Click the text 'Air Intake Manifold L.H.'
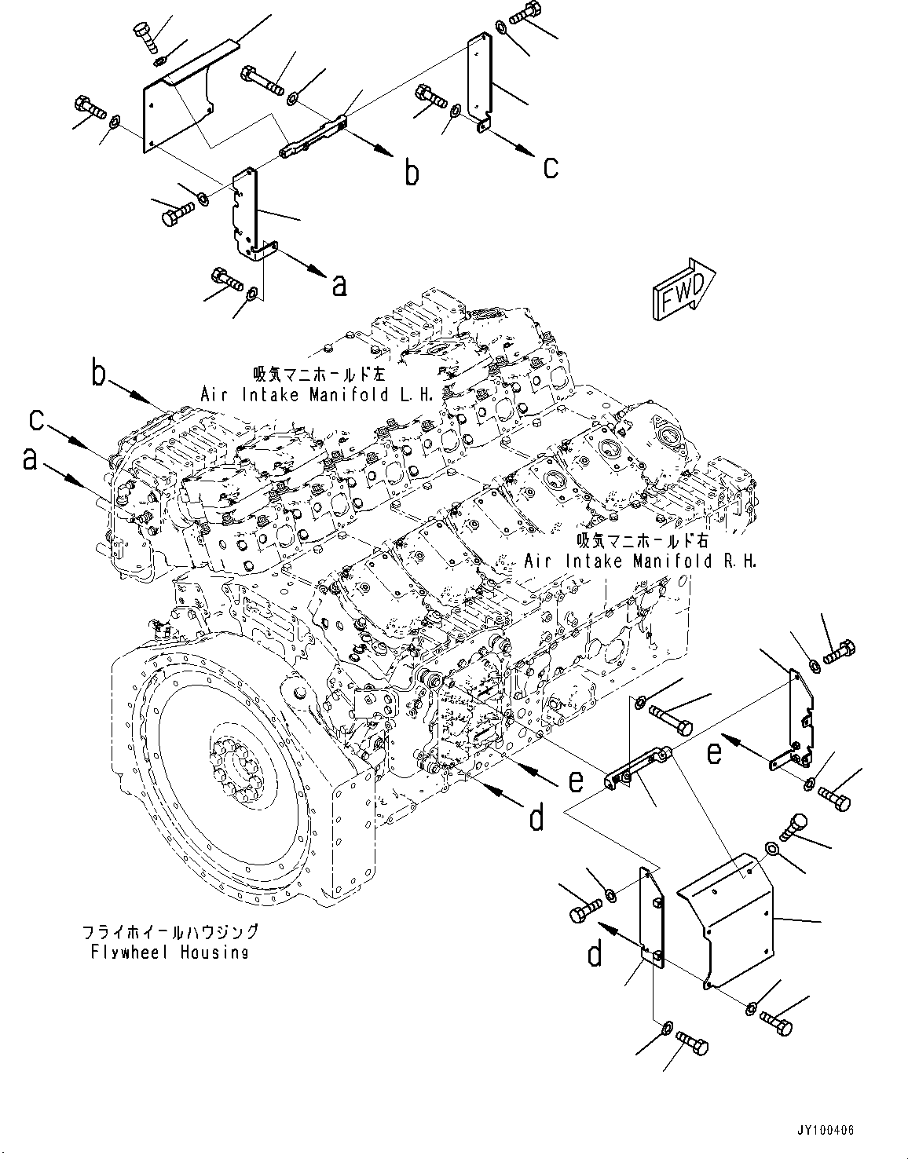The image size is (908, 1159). pyautogui.click(x=317, y=395)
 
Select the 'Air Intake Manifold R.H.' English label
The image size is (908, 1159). pyautogui.click(x=640, y=561)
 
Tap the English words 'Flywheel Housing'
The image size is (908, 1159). pyautogui.click(x=170, y=952)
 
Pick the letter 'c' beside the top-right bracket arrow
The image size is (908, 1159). pyautogui.click(x=551, y=166)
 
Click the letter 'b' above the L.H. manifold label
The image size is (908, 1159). pyautogui.click(x=98, y=374)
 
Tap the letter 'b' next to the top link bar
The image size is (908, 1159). pyautogui.click(x=412, y=172)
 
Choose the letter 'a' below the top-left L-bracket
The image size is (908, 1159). pyautogui.click(x=339, y=284)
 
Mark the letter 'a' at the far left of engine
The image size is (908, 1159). pyautogui.click(x=30, y=459)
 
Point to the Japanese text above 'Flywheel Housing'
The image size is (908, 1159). pyautogui.click(x=170, y=932)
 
